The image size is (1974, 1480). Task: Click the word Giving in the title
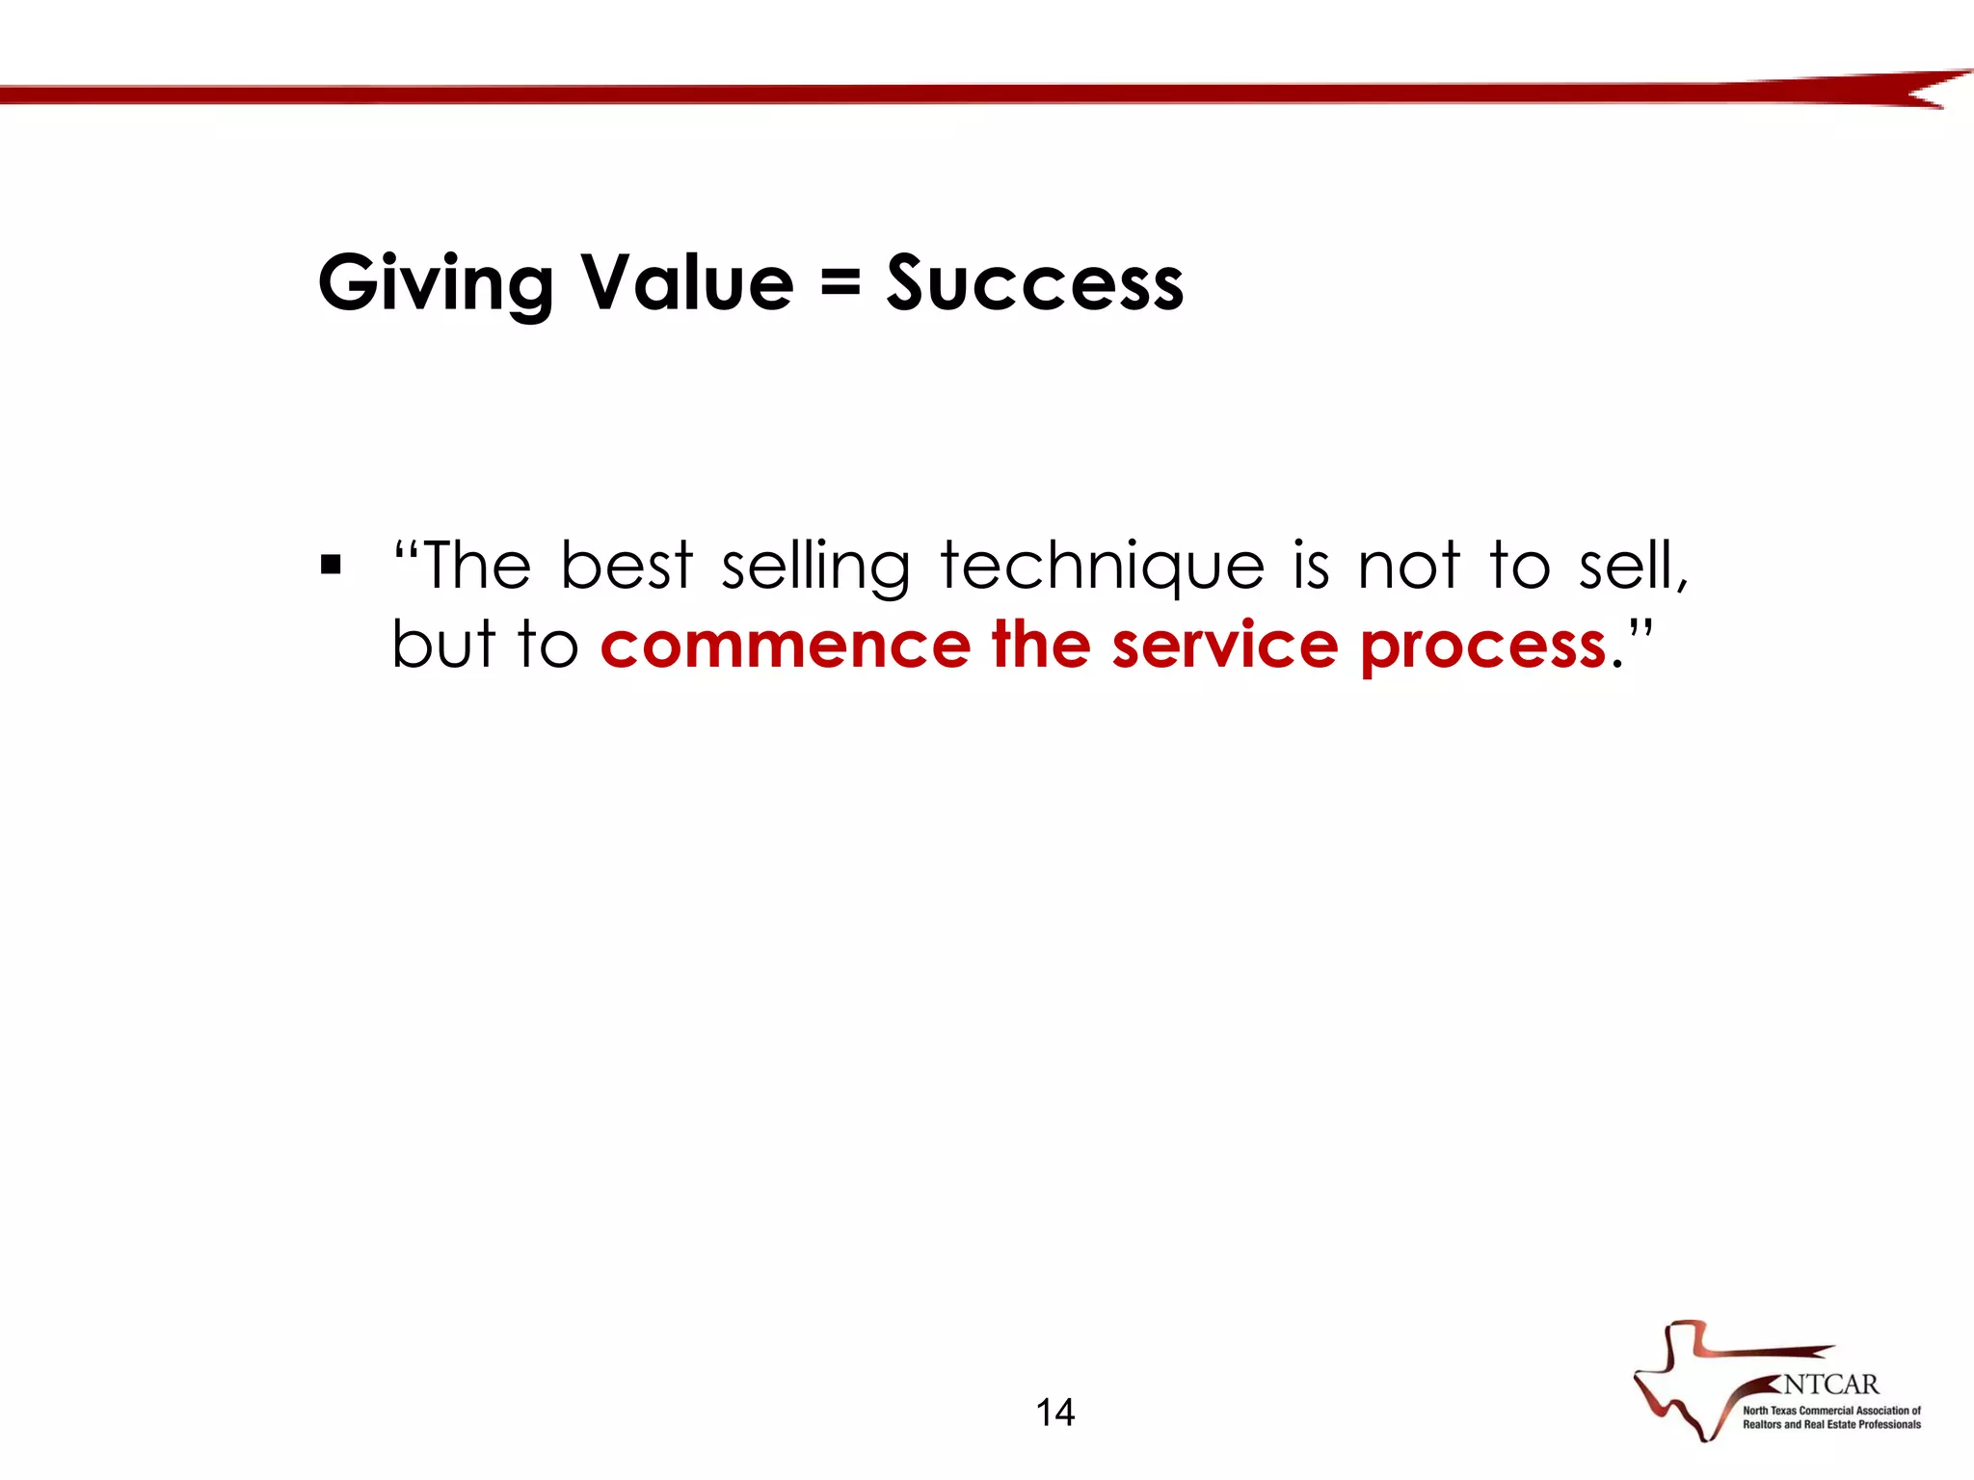pyautogui.click(x=436, y=283)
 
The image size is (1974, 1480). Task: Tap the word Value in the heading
pyautogui.click(x=688, y=283)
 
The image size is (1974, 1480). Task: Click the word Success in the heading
pyautogui.click(x=1035, y=283)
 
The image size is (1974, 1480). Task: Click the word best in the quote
pyautogui.click(x=627, y=566)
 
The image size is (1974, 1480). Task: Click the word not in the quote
pyautogui.click(x=1408, y=566)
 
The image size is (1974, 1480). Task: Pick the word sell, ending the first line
pyautogui.click(x=1633, y=566)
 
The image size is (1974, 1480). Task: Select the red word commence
pyautogui.click(x=785, y=646)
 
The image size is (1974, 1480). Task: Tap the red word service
pyautogui.click(x=1224, y=646)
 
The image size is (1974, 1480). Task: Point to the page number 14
pyautogui.click(x=1055, y=1413)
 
